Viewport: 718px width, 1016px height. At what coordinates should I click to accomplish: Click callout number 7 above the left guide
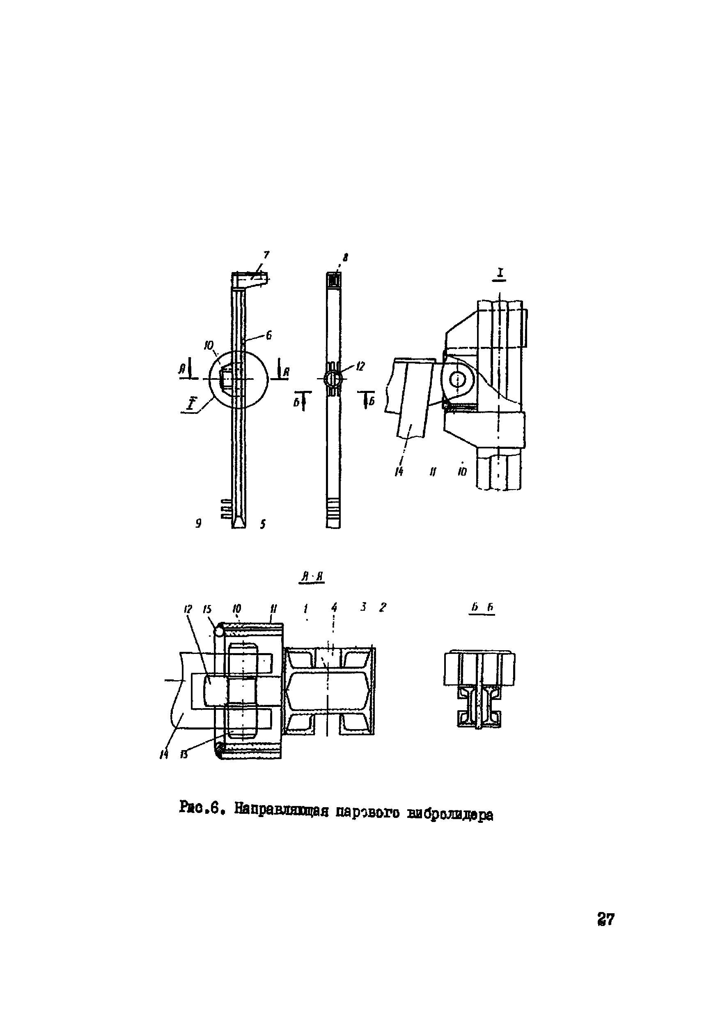pyautogui.click(x=266, y=255)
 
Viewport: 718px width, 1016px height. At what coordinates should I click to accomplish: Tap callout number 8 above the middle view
pyautogui.click(x=346, y=256)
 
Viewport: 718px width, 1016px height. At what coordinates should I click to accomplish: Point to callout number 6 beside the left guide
pyautogui.click(x=268, y=336)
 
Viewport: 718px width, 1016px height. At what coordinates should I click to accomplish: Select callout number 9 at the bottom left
pyautogui.click(x=199, y=524)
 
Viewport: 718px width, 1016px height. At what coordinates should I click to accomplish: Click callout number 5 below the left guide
pyautogui.click(x=263, y=524)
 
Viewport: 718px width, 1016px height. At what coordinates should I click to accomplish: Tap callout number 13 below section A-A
pyautogui.click(x=184, y=755)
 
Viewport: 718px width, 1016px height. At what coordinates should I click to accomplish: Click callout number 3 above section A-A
pyautogui.click(x=363, y=607)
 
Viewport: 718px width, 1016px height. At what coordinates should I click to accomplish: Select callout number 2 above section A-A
pyautogui.click(x=383, y=607)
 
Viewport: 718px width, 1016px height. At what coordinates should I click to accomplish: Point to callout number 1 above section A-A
pyautogui.click(x=305, y=609)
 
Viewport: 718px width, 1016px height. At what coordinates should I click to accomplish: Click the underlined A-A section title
pyautogui.click(x=312, y=577)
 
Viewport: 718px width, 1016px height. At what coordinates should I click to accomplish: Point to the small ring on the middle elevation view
pyautogui.click(x=333, y=379)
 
